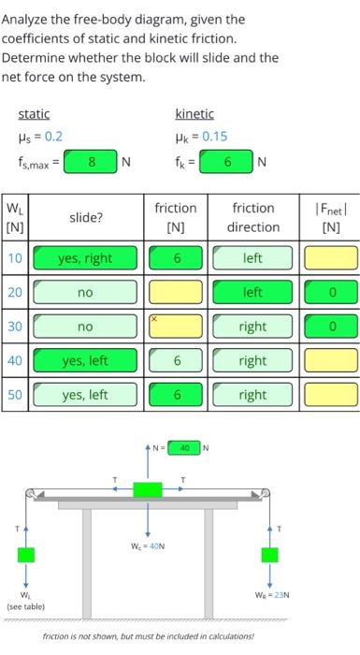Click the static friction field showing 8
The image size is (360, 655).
pos(92,161)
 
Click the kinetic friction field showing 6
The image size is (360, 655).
pos(226,161)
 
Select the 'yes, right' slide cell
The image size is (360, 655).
pos(85,258)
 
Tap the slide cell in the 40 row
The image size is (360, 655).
pos(85,360)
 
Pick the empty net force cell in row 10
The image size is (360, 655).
pos(330,258)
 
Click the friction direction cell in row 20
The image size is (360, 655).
pos(252,293)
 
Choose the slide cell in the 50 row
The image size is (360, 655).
pos(85,395)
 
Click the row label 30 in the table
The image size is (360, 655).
pos(16,327)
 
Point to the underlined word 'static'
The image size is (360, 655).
pos(35,114)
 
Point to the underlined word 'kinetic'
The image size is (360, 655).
pos(194,114)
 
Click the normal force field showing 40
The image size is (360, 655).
pos(185,448)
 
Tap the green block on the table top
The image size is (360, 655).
pos(148,488)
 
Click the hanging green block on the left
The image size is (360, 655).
pos(26,553)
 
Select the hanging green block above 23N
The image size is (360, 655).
pos(270,555)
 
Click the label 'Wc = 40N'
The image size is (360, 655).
pos(147,546)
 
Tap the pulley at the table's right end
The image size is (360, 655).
pos(266,493)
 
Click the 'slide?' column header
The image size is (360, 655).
pos(85,217)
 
